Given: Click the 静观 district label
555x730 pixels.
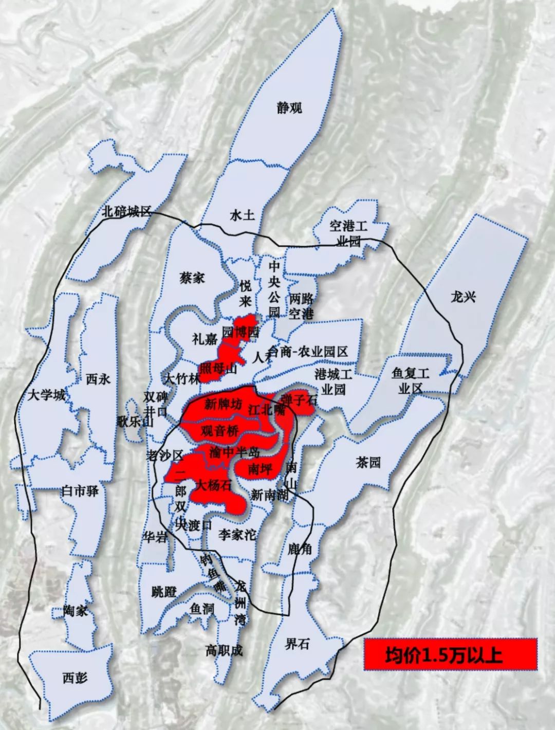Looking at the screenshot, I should coord(289,107).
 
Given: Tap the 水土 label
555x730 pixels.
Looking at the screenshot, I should coord(242,215).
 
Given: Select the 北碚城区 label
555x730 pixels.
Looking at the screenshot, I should coord(126,211).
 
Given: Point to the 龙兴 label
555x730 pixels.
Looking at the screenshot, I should coord(463,297).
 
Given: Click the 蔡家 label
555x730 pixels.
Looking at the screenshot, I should coord(192,278).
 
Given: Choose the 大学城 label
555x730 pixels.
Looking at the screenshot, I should coord(46,395).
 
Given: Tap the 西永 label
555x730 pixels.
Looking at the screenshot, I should coord(98,379).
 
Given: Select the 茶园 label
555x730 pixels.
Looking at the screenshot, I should coord(368,462).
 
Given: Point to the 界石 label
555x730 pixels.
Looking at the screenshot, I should coord(297,644).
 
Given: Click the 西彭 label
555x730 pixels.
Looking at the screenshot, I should coord(75,678).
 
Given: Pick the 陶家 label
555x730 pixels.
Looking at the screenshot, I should coord(76,611).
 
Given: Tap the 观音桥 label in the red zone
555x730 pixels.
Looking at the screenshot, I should coord(219,431).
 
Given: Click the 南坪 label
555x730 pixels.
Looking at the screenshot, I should coord(260,469).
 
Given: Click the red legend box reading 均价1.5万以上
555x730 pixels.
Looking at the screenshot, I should coord(450,654).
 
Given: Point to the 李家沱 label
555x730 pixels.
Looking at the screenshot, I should coord(237,535).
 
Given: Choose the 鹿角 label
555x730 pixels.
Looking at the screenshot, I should coord(300,549).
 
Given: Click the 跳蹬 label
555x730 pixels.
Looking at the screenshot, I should coord(164,592).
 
